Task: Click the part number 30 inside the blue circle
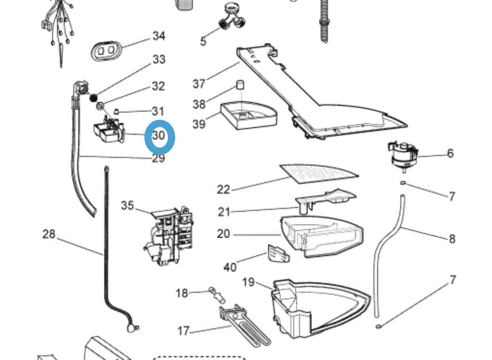pos(159,136)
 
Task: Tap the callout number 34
pos(159,36)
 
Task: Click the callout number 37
pos(199,84)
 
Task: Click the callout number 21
pos(224,212)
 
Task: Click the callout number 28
pos(49,234)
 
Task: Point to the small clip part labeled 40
pos(278,253)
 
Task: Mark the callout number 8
pos(452,239)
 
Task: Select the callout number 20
pos(223,234)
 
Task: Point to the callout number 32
pos(158,86)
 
